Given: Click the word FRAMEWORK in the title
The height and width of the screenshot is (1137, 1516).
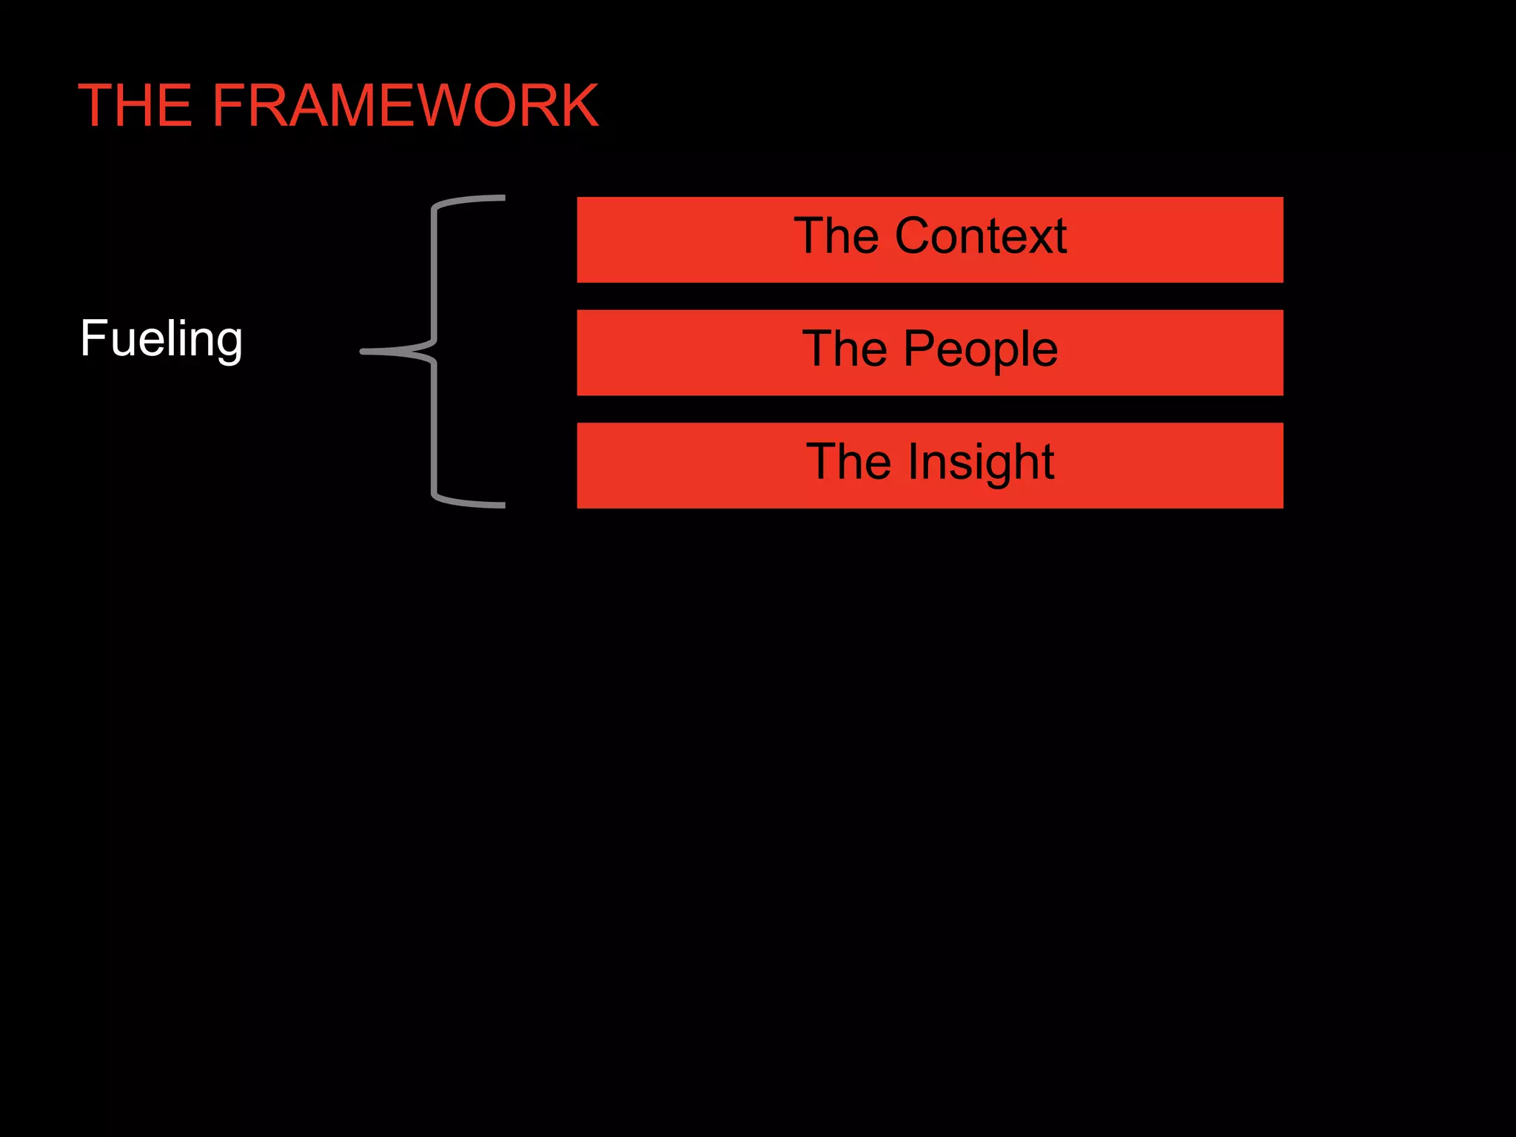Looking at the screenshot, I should point(405,106).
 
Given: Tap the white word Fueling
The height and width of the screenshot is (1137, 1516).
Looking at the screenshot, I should point(161,339).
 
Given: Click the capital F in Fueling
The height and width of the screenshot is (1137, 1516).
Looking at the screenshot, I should point(93,339).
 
